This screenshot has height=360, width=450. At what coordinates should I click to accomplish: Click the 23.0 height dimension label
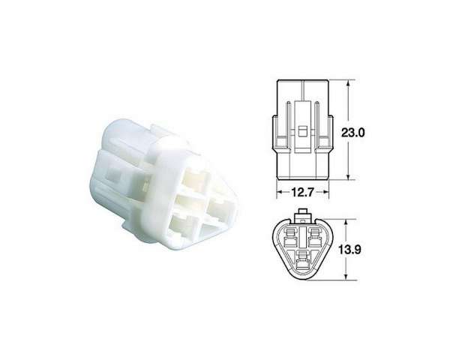coord(352,133)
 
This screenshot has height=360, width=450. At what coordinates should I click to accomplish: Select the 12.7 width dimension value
coord(303,192)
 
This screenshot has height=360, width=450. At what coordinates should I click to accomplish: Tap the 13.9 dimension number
coord(349,250)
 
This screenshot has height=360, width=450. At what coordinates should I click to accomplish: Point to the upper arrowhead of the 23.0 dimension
coord(348,84)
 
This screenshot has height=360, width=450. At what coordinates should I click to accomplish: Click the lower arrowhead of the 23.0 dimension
coord(348,176)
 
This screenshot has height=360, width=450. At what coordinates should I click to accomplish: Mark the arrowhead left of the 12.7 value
coord(280,192)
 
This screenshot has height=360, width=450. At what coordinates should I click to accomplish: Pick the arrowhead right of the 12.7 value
coord(325,192)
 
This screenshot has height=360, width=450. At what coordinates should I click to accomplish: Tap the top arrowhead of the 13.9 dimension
coord(346,223)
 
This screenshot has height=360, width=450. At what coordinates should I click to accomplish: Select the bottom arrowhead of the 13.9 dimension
coord(346,275)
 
